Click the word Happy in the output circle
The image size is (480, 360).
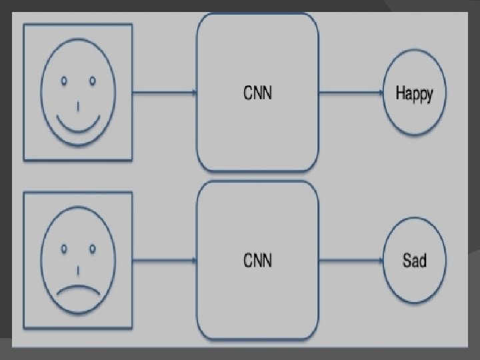click(414, 93)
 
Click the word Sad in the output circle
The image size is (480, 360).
click(414, 259)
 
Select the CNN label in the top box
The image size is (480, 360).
click(257, 93)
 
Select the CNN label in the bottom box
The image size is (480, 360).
click(257, 259)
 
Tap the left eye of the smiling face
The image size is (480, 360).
click(65, 81)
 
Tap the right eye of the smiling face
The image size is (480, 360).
click(92, 81)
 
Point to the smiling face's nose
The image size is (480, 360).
click(79, 105)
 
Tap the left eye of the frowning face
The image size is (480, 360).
click(65, 249)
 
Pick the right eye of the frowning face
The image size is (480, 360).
click(92, 249)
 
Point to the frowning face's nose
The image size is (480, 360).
click(79, 271)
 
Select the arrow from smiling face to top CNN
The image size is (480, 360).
click(163, 93)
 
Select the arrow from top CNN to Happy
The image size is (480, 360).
click(350, 93)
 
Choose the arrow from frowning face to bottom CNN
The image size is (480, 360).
click(163, 260)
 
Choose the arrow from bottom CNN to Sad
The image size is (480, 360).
click(350, 260)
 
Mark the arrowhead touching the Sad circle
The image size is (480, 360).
click(381, 260)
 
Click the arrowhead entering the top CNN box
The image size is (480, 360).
click(194, 93)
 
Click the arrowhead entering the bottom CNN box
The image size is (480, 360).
click(194, 260)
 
